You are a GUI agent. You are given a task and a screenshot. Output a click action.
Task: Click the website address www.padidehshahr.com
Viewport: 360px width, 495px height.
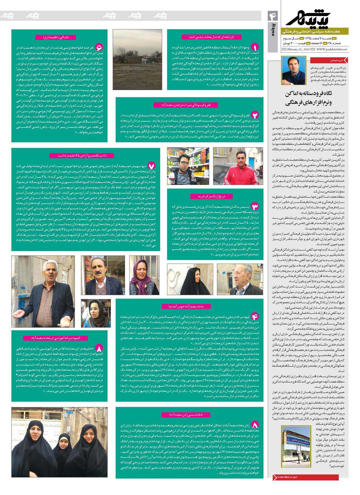pyautogui.click(x=332, y=49)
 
